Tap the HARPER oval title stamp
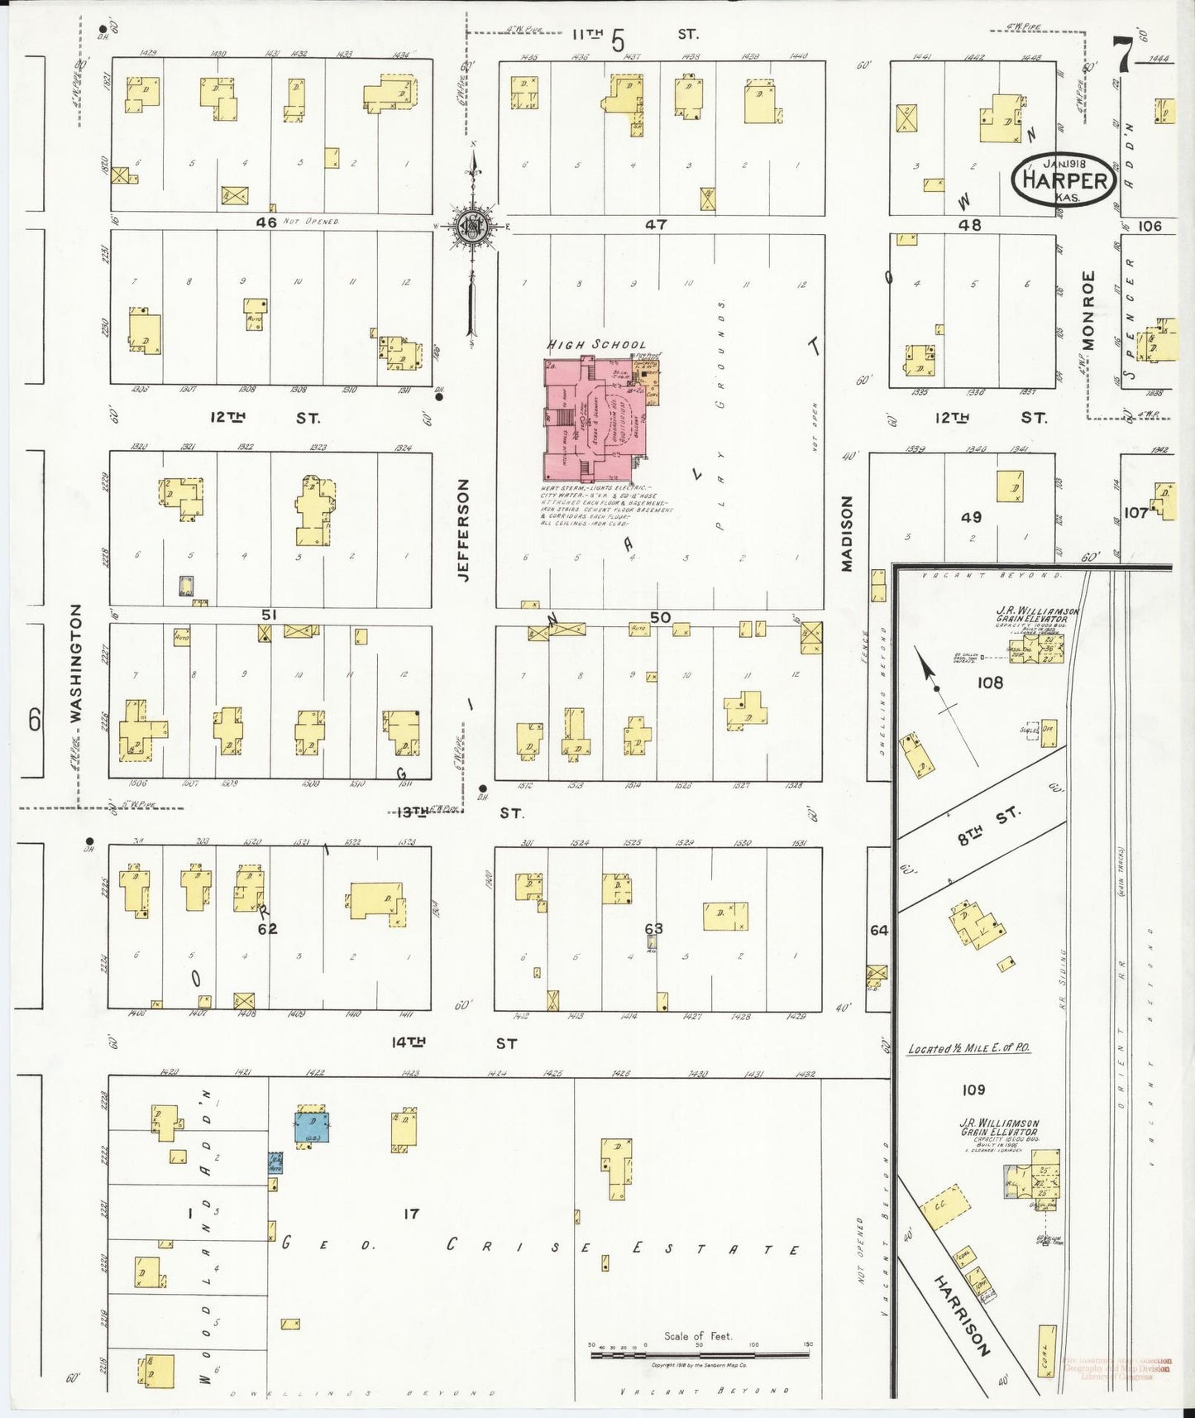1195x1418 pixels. (1064, 180)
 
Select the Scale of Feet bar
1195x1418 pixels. (699, 1355)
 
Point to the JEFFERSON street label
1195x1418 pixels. (463, 529)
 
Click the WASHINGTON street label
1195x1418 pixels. (76, 663)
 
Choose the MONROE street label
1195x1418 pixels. (1087, 310)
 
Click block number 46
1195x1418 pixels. (266, 223)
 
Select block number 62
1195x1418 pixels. (267, 929)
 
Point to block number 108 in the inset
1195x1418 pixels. (989, 683)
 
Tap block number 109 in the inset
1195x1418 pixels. (973, 1090)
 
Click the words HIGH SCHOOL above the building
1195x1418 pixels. (596, 344)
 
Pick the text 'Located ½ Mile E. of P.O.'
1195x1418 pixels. (968, 1048)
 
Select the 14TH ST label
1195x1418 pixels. (454, 1043)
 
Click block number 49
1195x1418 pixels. (971, 517)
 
